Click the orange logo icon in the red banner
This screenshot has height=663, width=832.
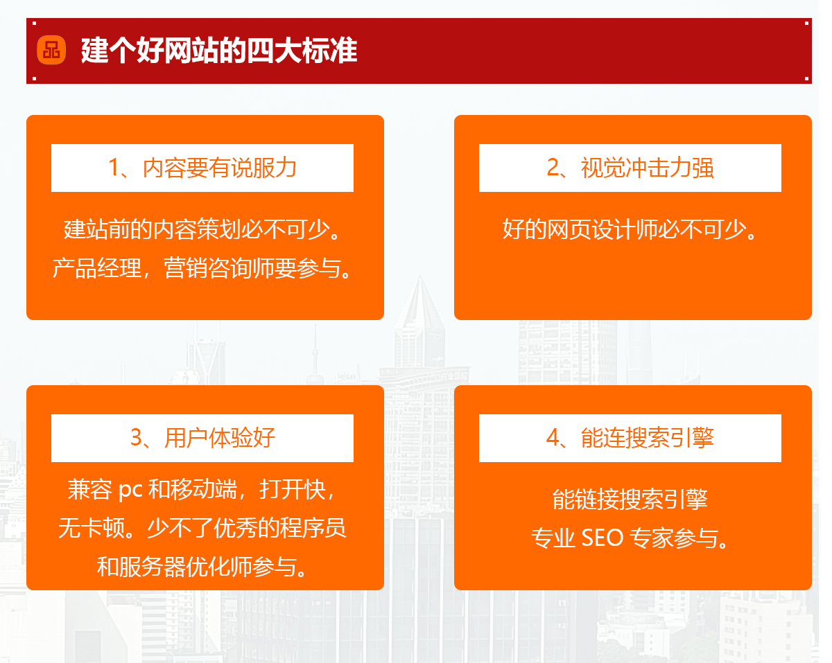[51, 50]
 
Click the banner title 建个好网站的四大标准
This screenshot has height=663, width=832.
[218, 51]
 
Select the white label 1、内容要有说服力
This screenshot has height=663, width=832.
[202, 168]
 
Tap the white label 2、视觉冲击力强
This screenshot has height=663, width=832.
[630, 168]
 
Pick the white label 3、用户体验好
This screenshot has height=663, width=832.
[202, 438]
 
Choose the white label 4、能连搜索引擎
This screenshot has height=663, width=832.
[630, 438]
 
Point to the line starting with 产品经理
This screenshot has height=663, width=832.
[203, 268]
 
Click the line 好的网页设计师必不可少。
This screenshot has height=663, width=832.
[630, 229]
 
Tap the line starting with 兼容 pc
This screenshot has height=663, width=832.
[203, 490]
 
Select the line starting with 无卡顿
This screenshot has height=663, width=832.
[203, 529]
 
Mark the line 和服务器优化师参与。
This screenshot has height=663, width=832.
[203, 567]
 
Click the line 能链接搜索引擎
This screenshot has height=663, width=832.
[630, 499]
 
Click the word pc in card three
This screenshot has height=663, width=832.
[130, 490]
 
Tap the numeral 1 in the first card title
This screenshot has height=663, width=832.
[114, 168]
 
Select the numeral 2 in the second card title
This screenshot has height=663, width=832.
[553, 168]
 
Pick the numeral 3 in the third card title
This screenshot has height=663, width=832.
[137, 438]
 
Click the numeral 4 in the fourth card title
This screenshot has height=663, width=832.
[553, 438]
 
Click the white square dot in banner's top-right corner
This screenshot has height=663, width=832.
[807, 23]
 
